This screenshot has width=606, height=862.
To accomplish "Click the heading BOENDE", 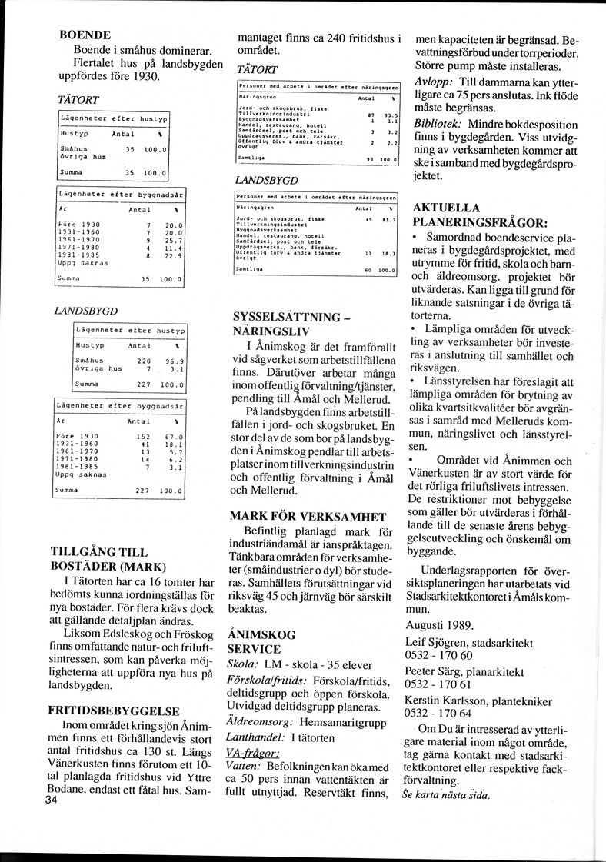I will click(x=85, y=35).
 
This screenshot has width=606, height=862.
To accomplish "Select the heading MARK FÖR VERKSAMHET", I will click(x=308, y=516).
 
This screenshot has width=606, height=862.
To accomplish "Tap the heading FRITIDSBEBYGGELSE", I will click(x=114, y=711).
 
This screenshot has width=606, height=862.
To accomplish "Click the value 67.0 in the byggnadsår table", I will click(x=169, y=438).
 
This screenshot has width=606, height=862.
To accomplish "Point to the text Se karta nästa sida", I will click(x=445, y=795).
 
